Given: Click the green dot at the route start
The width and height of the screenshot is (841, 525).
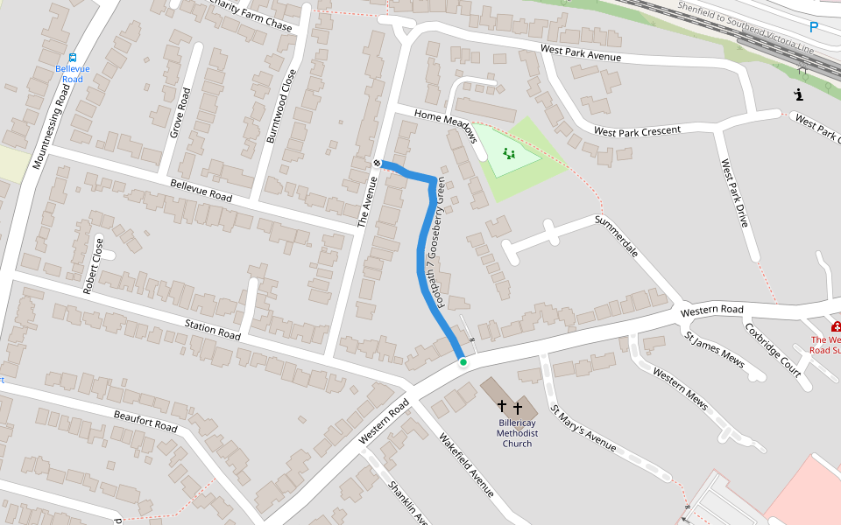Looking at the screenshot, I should pos(463,361).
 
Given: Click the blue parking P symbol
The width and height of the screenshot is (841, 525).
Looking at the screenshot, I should pos(814,27).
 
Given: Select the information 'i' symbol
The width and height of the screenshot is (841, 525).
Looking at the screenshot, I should pos(798,94).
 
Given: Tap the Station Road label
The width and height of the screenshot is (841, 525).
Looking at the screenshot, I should pos(212,330).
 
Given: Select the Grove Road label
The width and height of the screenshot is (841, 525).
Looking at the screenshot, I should pos(180,112).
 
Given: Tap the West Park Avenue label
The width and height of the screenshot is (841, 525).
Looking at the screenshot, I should pos(580,53).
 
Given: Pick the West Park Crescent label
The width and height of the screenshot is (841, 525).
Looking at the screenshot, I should pos(637,130).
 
